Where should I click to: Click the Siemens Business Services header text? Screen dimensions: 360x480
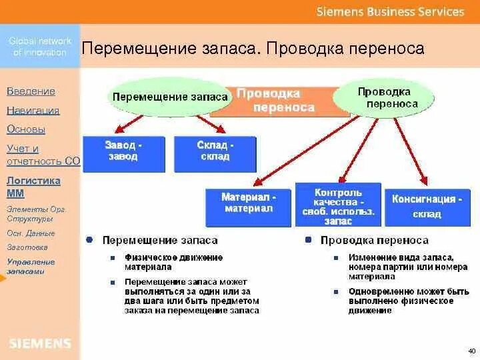pos(390,11)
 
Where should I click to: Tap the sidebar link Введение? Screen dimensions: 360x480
pos(31,91)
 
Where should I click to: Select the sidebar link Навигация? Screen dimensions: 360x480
pos(33,111)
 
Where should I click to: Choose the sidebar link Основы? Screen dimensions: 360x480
pos(26,129)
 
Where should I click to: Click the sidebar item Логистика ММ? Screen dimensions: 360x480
pos(33,187)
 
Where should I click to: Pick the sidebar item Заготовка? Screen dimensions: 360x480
pos(23,247)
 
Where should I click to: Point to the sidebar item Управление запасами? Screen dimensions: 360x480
pos(31,266)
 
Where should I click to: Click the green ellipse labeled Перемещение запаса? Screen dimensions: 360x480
pos(170,97)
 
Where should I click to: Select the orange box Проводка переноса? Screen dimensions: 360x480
pos(277,101)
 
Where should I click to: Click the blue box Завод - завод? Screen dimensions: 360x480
pos(123,151)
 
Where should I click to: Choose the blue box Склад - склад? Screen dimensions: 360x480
pos(215,151)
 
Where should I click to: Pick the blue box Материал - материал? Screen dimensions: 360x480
pos(248,203)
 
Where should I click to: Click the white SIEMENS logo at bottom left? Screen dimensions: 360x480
pos(39,344)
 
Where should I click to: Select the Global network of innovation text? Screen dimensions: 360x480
pos(40,46)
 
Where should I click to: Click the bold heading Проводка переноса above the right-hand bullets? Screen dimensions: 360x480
pos(374,240)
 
